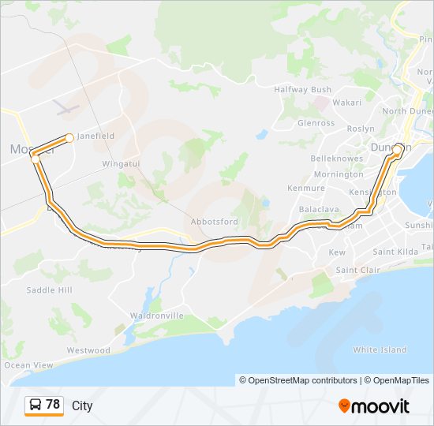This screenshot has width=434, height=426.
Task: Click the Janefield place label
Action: [x=95, y=136]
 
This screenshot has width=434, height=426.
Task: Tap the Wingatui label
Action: [x=121, y=164]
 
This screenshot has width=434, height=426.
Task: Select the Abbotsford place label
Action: [x=214, y=222]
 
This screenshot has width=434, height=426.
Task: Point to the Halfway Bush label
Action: [x=302, y=90]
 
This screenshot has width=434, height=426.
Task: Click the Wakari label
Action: [x=346, y=102]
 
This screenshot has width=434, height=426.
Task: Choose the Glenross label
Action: [x=316, y=123]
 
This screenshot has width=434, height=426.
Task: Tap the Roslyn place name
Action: [x=361, y=129]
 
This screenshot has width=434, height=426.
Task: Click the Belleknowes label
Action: [x=337, y=159]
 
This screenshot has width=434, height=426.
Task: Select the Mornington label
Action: [x=338, y=174]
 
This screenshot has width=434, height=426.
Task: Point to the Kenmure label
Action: [x=306, y=189]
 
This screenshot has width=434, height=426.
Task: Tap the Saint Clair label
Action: [x=357, y=270]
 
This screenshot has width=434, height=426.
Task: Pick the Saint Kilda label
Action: [x=395, y=252]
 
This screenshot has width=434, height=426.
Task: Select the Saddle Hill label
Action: [x=49, y=290]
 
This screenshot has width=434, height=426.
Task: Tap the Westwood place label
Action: [x=88, y=350]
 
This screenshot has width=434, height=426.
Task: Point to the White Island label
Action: [x=380, y=349]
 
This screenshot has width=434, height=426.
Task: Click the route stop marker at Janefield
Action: [x=69, y=138]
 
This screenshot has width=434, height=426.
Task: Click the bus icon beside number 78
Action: [x=36, y=405]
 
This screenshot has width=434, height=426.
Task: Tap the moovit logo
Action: [x=374, y=406]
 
